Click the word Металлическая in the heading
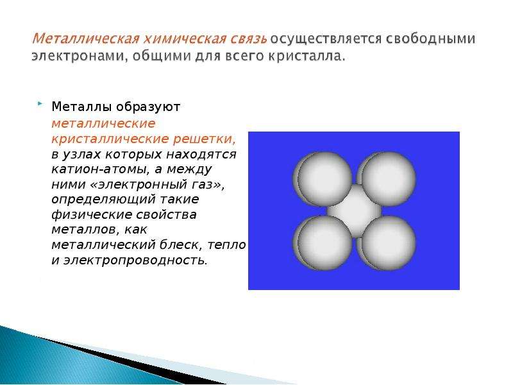click(85, 38)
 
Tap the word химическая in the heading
click(185, 38)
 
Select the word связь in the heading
click(249, 38)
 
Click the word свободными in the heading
click(430, 38)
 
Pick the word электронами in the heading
click(77, 56)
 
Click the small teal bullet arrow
click(40, 104)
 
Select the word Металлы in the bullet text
click(82, 107)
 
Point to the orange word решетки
click(204, 139)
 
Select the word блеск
click(180, 244)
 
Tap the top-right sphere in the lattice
click(387, 178)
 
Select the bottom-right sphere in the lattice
click(387, 243)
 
